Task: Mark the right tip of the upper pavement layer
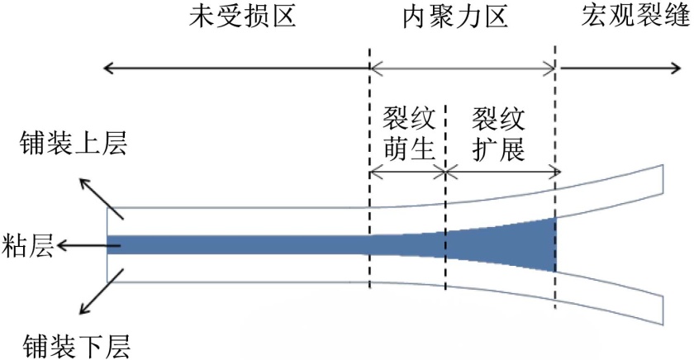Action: coord(663,177)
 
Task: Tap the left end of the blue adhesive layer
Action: coord(110,245)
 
